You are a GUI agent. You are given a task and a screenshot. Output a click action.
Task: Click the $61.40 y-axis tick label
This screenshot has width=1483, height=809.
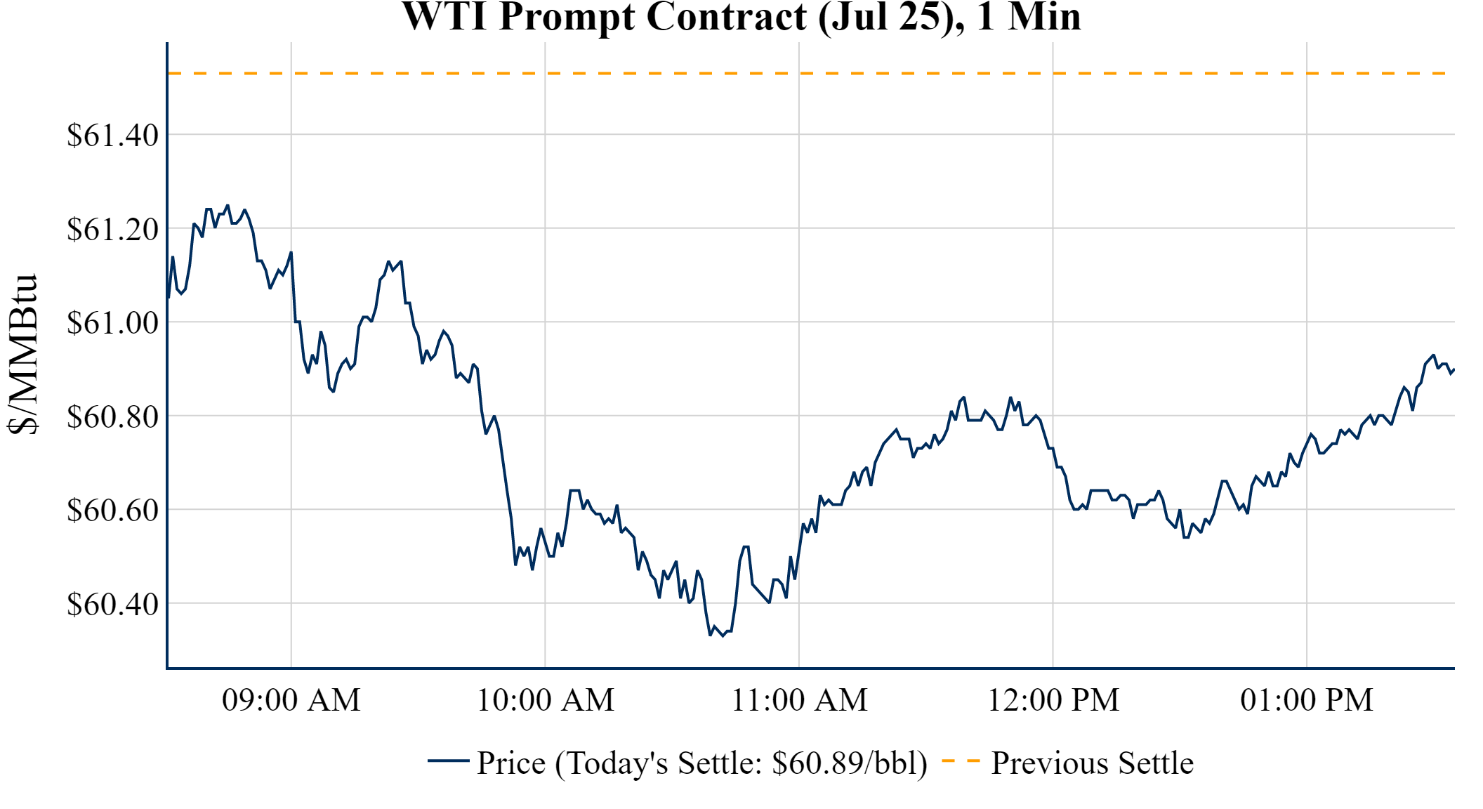tap(112, 135)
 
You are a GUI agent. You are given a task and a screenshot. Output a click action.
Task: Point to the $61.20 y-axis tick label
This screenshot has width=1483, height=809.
tap(112, 229)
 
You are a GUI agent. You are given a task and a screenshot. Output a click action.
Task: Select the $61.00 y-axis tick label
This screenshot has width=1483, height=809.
tap(112, 323)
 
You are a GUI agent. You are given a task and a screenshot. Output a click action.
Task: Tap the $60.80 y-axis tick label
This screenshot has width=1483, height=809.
tap(112, 416)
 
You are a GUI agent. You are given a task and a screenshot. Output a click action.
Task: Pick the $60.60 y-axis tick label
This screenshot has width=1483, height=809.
tap(112, 510)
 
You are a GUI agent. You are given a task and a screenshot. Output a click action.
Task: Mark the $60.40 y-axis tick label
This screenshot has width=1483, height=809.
tap(112, 604)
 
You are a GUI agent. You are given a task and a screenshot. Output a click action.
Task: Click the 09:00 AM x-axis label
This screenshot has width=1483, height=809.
tap(291, 700)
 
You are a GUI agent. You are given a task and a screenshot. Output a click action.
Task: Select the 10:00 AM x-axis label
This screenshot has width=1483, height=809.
tap(546, 700)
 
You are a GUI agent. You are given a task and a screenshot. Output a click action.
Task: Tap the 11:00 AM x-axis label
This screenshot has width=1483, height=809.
tap(799, 700)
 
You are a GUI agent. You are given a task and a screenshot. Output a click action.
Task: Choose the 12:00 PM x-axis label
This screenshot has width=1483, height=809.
tap(1053, 700)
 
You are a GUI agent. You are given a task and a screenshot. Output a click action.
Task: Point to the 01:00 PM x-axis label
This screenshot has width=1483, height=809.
tap(1307, 700)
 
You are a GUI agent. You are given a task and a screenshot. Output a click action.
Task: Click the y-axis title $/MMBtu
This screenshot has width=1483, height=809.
tap(22, 354)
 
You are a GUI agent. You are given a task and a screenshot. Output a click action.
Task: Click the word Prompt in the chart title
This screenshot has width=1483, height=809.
tap(566, 17)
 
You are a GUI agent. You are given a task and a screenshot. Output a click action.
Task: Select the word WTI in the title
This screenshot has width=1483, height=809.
tap(444, 17)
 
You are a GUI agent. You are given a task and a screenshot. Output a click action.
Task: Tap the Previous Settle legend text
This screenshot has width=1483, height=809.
tap(1092, 763)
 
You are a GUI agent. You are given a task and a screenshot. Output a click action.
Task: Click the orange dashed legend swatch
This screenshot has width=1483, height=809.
tap(961, 761)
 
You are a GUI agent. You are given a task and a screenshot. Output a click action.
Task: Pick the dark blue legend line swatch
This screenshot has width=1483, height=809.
tap(448, 761)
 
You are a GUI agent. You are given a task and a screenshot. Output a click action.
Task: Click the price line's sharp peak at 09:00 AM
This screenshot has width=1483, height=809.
tap(291, 252)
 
